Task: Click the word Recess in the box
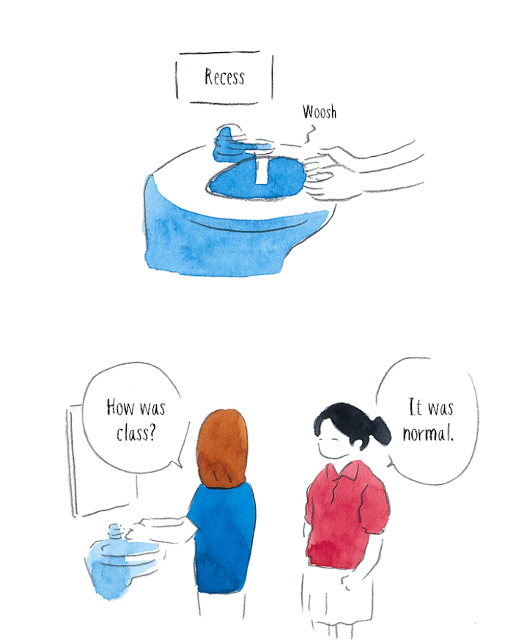[x=224, y=77]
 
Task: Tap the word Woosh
[x=320, y=111]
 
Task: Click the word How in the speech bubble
[x=120, y=407]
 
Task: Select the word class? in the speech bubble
[x=136, y=433]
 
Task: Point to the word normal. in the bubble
[x=428, y=433]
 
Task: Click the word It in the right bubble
[x=415, y=407]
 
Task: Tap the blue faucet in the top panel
[x=238, y=144]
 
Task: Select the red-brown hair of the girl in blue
[x=222, y=448]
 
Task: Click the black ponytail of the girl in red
[x=379, y=431]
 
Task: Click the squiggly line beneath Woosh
[x=310, y=134]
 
